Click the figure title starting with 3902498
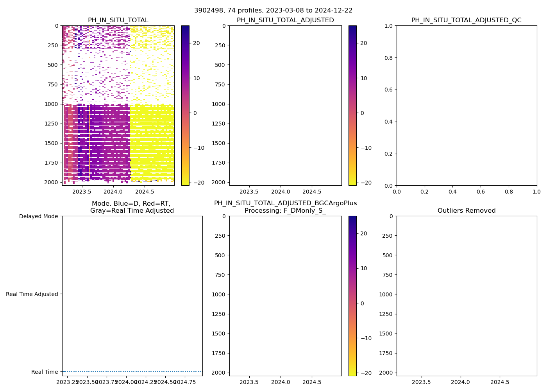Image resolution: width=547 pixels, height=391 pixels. click(x=273, y=11)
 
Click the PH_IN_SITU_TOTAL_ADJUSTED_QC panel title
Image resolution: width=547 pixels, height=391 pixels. click(x=466, y=20)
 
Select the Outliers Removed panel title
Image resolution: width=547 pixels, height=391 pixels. click(x=466, y=211)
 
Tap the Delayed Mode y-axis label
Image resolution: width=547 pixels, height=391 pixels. click(x=38, y=216)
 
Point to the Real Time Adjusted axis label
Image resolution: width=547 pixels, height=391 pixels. click(x=32, y=294)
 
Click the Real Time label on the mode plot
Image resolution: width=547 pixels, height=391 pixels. click(x=44, y=372)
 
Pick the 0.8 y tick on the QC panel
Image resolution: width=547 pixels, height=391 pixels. click(x=389, y=58)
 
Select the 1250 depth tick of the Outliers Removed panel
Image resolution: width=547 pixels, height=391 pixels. click(x=387, y=314)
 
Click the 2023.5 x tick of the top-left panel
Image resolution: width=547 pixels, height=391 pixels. click(x=82, y=192)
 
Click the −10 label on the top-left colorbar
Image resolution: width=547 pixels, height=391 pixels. click(x=199, y=148)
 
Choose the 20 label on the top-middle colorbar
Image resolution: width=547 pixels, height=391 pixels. click(x=363, y=43)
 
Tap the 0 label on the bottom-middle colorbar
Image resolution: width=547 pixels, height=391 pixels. click(x=362, y=303)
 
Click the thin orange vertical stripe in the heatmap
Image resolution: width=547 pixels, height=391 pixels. click(x=89, y=141)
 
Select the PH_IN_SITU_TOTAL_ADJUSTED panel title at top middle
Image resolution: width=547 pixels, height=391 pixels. click(x=285, y=20)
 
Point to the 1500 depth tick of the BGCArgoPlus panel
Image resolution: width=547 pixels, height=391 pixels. click(x=220, y=334)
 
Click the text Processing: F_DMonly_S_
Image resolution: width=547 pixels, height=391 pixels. click(x=285, y=211)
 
